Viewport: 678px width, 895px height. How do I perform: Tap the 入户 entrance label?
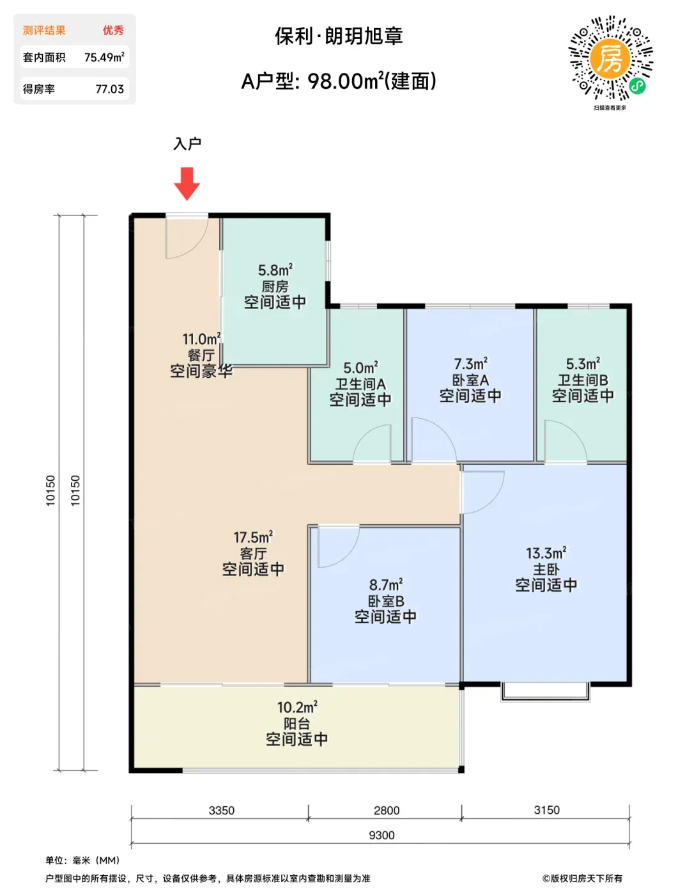pyautogui.click(x=187, y=144)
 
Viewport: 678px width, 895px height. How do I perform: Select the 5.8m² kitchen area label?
pyautogui.click(x=275, y=270)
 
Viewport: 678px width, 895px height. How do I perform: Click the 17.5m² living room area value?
pyautogui.click(x=253, y=537)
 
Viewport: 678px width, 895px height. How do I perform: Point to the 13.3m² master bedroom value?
pyautogui.click(x=546, y=554)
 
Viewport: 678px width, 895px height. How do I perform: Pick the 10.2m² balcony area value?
pyautogui.click(x=297, y=708)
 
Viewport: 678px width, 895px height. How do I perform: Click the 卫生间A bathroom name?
pyautogui.click(x=360, y=384)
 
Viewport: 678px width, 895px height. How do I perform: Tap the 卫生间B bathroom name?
pyautogui.click(x=583, y=380)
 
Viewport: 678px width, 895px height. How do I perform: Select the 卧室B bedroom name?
pyautogui.click(x=386, y=601)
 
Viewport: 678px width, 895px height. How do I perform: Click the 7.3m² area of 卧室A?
pyautogui.click(x=470, y=364)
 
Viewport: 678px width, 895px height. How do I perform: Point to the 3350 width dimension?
pyautogui.click(x=221, y=810)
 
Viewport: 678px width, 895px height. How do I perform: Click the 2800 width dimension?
pyautogui.click(x=386, y=810)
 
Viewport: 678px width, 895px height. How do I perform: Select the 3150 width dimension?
pyautogui.click(x=547, y=810)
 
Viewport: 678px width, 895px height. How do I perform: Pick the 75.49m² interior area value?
pyautogui.click(x=104, y=57)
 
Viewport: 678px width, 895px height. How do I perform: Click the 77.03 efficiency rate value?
pyautogui.click(x=110, y=89)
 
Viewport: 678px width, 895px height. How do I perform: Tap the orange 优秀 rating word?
pyautogui.click(x=113, y=30)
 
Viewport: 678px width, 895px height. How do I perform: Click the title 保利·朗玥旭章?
pyautogui.click(x=339, y=36)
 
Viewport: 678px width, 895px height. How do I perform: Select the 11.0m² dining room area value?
pyautogui.click(x=202, y=339)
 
